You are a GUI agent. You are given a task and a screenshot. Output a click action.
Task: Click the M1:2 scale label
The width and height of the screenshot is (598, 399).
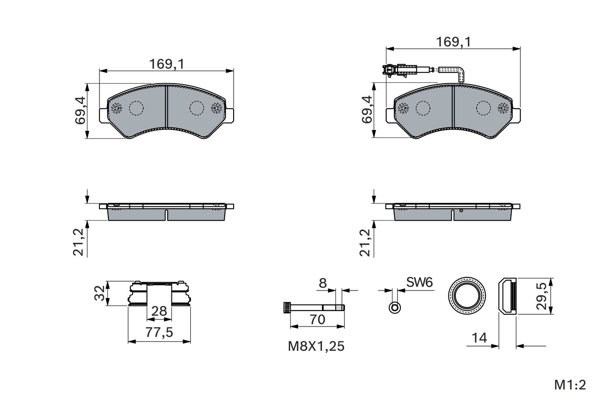click(x=570, y=385)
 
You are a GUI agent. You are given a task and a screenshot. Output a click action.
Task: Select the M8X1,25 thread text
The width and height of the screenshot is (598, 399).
click(x=316, y=346)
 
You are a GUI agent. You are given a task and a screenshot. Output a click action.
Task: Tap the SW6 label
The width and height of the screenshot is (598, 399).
click(x=420, y=283)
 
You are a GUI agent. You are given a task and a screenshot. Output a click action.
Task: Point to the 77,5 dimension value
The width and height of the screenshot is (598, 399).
click(x=159, y=333)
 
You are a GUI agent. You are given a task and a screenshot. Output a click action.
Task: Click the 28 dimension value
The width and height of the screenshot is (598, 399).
click(x=159, y=311)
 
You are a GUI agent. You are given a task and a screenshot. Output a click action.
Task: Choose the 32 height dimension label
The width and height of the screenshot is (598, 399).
click(x=100, y=293)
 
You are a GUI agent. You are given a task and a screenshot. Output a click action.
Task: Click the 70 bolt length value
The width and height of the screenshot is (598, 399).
click(x=317, y=319)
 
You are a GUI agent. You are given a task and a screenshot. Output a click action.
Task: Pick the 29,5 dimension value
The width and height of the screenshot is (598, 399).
click(x=541, y=296)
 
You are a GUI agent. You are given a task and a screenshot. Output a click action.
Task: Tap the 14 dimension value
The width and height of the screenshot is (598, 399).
click(x=479, y=338)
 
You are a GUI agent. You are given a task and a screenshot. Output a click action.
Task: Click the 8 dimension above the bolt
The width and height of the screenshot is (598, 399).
click(x=323, y=283)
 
